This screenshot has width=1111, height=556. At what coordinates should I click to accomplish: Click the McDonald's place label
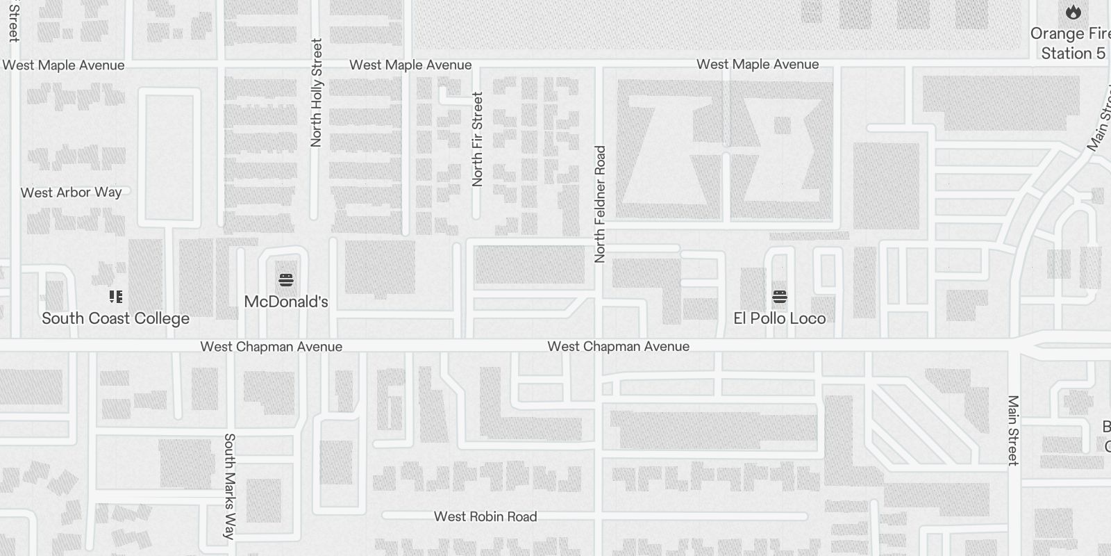point(286,302)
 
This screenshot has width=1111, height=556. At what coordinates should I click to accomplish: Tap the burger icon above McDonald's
point(286,280)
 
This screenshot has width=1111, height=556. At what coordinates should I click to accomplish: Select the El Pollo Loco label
point(779,318)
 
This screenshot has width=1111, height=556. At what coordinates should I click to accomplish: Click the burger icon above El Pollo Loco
point(779,297)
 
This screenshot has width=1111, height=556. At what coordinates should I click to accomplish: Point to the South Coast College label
point(115,318)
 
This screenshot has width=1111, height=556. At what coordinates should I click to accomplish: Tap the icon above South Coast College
point(116,297)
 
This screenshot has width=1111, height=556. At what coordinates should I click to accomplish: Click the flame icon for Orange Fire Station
point(1073,12)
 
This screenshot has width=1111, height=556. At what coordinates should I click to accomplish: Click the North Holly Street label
point(317,92)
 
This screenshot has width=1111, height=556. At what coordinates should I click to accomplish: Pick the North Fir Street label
point(477,139)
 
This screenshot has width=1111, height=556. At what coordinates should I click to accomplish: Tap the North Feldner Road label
point(601,204)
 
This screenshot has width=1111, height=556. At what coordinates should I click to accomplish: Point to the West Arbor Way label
point(71,193)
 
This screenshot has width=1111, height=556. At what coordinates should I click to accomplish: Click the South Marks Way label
point(229,486)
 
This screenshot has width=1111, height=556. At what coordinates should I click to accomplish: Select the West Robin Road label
point(485,516)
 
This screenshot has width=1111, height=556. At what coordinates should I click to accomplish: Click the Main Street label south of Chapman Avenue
point(1013,430)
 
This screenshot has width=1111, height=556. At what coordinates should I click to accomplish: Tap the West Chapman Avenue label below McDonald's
point(271,346)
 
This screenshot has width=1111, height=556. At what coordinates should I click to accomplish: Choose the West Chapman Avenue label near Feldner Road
point(618,346)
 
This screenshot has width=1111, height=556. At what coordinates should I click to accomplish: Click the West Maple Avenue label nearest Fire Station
point(758,65)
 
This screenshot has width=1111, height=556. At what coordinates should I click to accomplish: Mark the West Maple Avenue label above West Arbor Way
point(63,65)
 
